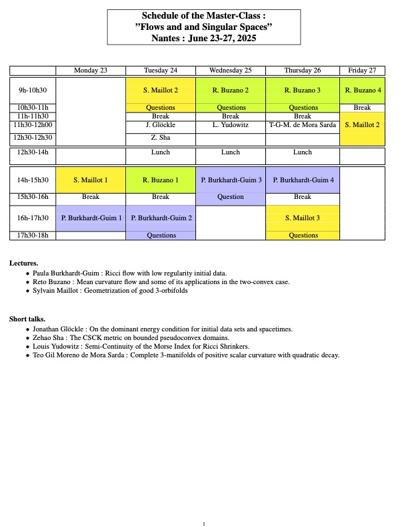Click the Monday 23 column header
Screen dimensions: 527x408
[91, 71]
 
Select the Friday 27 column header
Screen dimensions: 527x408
[363, 71]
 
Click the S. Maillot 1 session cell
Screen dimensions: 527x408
[91, 180]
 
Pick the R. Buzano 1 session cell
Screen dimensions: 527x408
[161, 180]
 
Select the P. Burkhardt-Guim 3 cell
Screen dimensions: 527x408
[231, 180]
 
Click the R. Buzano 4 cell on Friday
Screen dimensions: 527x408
[363, 90]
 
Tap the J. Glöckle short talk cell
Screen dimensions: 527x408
[161, 125]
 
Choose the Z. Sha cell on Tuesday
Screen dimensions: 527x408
[161, 138]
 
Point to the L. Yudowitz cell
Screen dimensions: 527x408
[231, 125]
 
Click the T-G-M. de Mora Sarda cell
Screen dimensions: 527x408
[303, 125]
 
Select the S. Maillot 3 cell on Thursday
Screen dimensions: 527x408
[303, 218]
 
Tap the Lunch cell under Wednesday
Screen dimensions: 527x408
[231, 152]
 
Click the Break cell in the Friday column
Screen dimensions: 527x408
[363, 107]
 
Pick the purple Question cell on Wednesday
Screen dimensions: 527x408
[231, 197]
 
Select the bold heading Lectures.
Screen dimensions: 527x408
[23, 263]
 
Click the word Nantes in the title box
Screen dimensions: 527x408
[167, 37]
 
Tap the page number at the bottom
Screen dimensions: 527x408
[204, 524]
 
